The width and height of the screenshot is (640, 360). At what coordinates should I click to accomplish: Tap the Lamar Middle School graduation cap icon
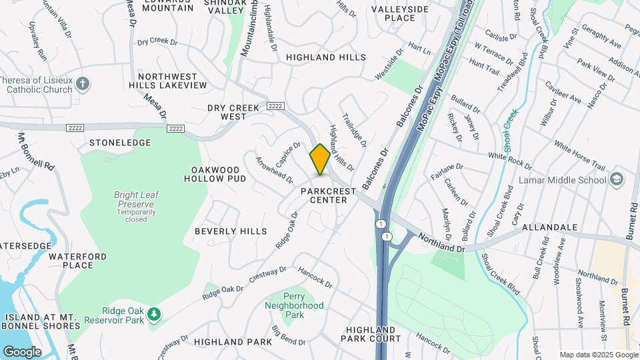pos(617,179)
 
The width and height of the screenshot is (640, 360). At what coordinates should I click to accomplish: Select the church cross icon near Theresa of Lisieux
pos(82,83)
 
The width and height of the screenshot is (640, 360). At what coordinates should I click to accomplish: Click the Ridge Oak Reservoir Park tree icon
pos(154,313)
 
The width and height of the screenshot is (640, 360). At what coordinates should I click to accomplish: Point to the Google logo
pos(22,351)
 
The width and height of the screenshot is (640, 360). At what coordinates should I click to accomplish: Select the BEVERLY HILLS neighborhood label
pos(231,231)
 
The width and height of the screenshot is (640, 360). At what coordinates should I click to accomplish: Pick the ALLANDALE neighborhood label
pos(549,227)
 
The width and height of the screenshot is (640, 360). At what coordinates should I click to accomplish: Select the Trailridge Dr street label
pos(354,129)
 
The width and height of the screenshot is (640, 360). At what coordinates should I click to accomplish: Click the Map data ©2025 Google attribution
pos(597,355)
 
